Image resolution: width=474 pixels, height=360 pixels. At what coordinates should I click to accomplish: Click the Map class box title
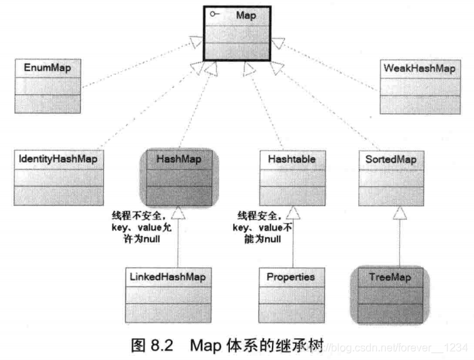click(245, 15)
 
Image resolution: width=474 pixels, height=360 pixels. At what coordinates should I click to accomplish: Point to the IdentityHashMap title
click(58, 159)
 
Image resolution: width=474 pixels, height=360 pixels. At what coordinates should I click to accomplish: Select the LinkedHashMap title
click(167, 277)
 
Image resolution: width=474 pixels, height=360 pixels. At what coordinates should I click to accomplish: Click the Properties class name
click(290, 277)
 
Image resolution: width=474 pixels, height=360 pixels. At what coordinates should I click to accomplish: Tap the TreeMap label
click(392, 277)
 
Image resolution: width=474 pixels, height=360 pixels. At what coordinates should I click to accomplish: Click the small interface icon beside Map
click(214, 15)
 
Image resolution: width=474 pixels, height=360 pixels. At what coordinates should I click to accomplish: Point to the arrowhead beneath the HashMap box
click(177, 213)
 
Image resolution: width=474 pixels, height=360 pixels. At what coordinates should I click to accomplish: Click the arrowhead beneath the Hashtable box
click(293, 213)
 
